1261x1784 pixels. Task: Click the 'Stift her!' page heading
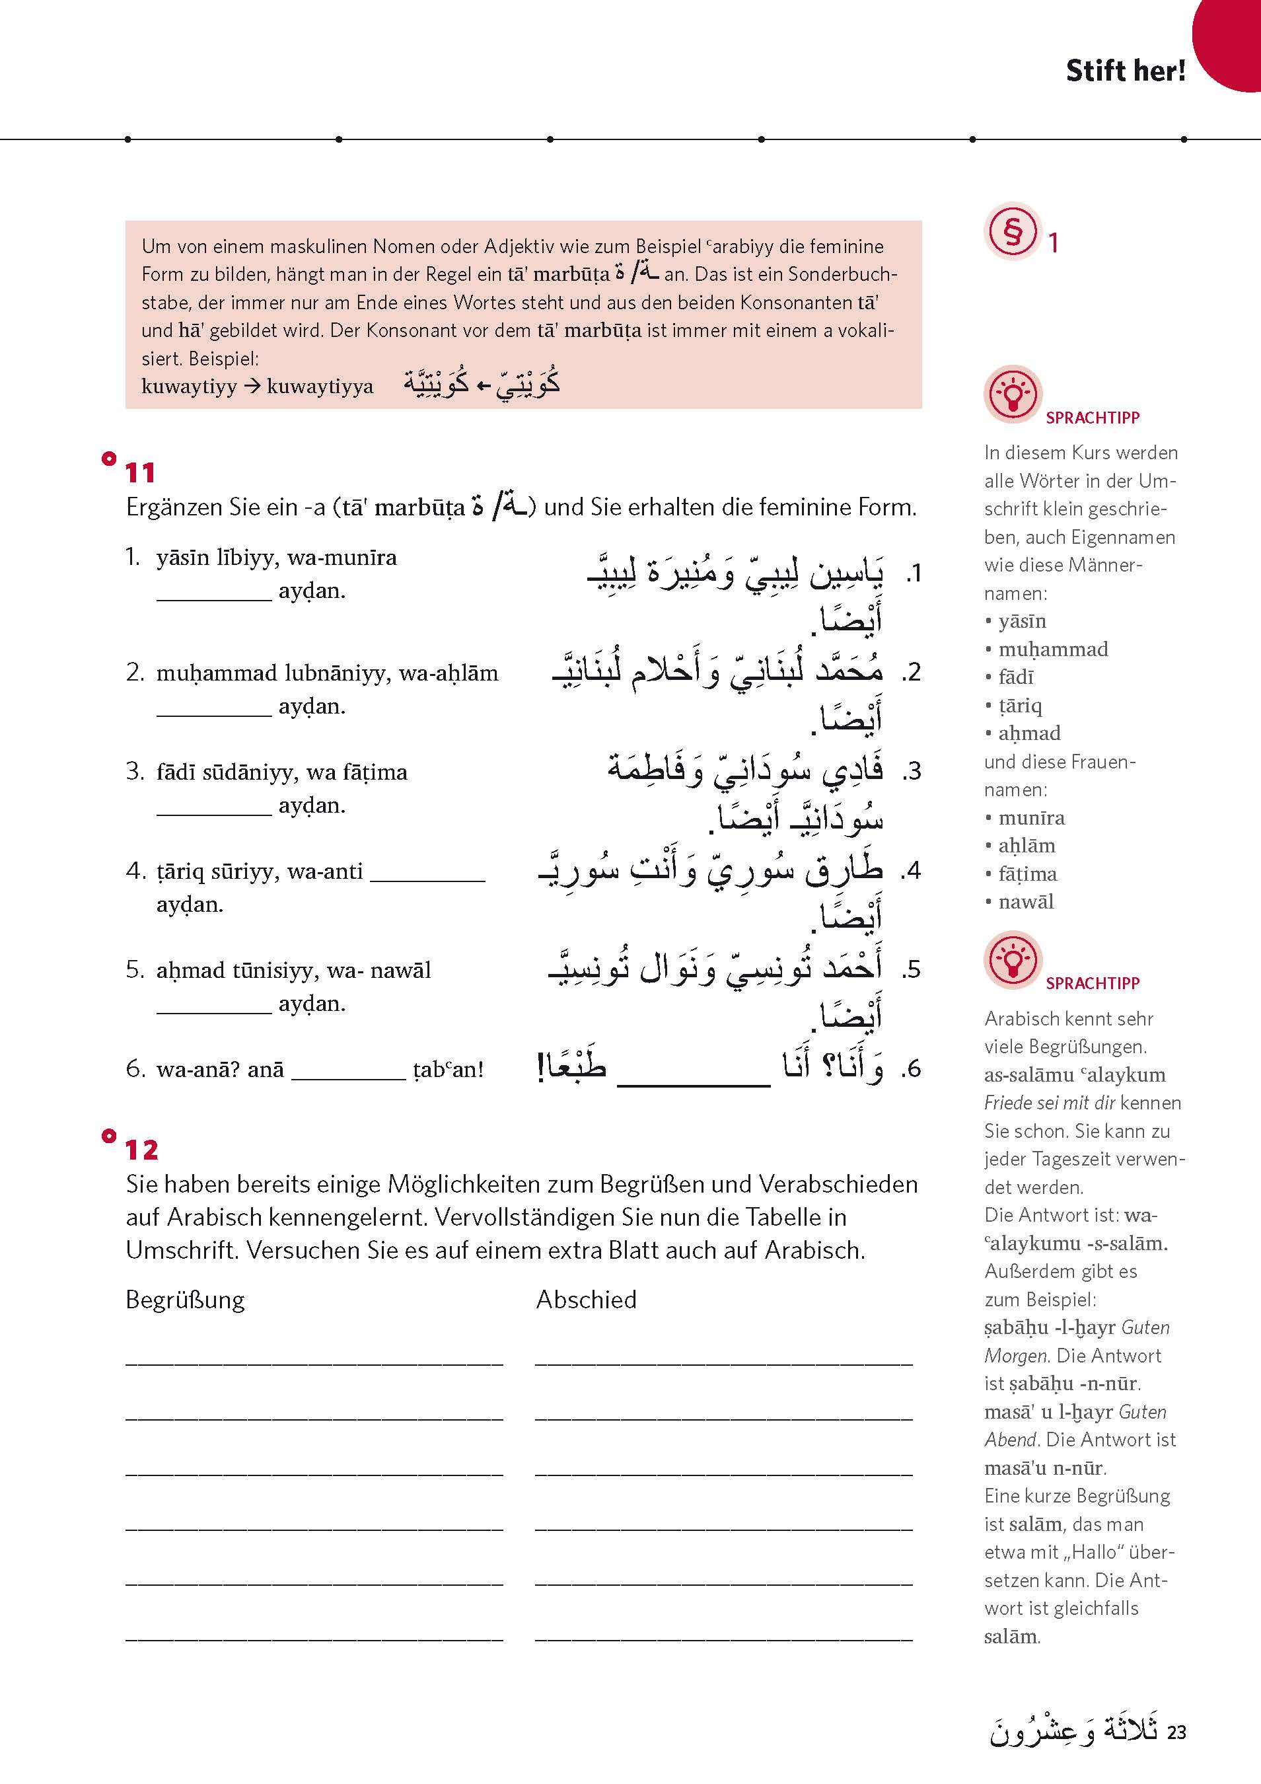(1125, 71)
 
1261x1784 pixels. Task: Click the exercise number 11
(140, 472)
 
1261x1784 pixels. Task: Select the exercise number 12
(141, 1149)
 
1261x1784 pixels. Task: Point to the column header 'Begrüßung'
(185, 1299)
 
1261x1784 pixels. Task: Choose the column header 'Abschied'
(586, 1299)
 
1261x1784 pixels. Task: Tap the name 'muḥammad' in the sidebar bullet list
(1053, 649)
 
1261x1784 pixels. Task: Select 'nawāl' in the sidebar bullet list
(1026, 901)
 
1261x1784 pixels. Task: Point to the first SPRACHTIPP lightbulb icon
(1013, 394)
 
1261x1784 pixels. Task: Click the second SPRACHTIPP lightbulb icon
(1013, 959)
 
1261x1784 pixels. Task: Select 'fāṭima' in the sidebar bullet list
(1027, 873)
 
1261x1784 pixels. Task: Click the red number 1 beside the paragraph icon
(1053, 243)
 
